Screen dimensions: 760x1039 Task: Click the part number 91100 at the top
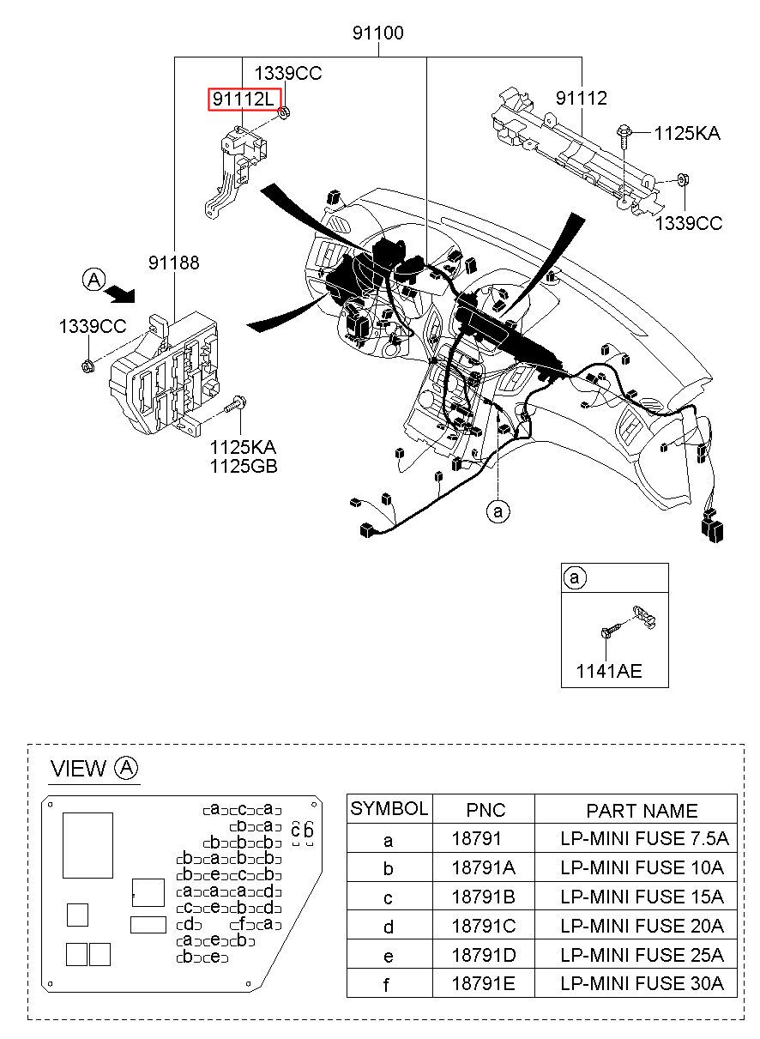click(378, 33)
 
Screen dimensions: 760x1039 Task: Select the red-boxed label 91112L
click(244, 99)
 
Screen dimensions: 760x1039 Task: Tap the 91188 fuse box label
click(174, 263)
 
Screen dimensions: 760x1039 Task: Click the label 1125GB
click(244, 466)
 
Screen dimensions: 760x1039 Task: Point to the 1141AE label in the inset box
click(609, 671)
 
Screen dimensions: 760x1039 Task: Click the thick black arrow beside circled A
click(119, 294)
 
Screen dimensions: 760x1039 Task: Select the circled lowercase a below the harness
click(498, 511)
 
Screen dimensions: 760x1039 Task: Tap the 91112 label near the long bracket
click(582, 98)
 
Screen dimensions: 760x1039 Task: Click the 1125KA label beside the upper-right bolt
click(687, 134)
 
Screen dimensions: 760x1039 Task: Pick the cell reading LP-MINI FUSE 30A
click(642, 983)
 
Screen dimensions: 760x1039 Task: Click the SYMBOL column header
click(389, 808)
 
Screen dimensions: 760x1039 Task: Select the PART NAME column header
click(642, 810)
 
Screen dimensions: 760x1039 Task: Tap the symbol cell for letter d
click(389, 927)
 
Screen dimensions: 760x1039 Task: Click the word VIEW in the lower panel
click(78, 768)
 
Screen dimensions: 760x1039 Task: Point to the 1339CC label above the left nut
click(93, 327)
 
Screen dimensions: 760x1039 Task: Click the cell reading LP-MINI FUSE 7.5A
click(644, 838)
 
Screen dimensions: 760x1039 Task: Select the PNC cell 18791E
click(483, 983)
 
